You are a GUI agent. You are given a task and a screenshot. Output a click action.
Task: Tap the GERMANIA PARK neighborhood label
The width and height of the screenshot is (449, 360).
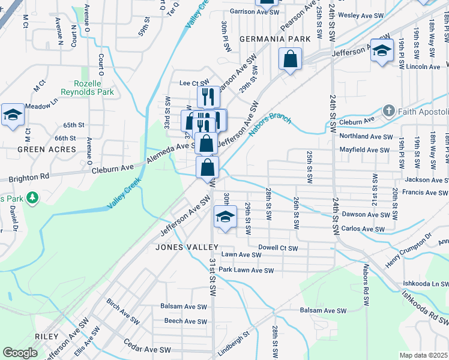pyautogui.click(x=275, y=39)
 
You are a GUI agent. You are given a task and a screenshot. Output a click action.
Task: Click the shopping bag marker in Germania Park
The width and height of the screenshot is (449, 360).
pyautogui.click(x=290, y=60)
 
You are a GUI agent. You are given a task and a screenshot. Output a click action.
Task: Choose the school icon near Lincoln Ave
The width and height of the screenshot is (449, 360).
pyautogui.click(x=381, y=50)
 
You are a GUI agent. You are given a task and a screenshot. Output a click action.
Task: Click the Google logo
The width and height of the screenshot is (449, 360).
pyautogui.click(x=20, y=353)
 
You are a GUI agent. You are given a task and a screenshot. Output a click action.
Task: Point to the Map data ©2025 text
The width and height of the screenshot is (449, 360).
pyautogui.click(x=423, y=355)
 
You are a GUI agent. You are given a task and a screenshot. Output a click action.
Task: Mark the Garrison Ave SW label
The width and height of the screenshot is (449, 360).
pyautogui.click(x=255, y=11)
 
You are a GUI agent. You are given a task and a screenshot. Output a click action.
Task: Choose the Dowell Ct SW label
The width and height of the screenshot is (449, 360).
pyautogui.click(x=278, y=247)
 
